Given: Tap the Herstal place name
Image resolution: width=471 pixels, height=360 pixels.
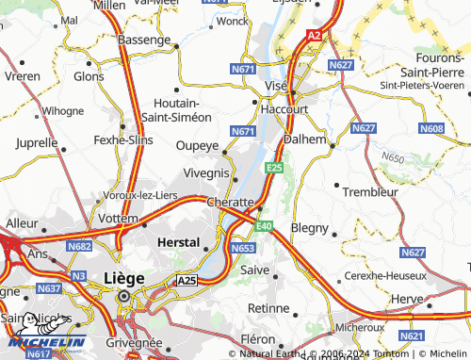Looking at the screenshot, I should [177, 242].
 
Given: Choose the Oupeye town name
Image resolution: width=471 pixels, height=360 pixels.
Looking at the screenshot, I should [198, 146].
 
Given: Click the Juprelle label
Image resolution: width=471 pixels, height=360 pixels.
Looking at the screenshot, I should [38, 144].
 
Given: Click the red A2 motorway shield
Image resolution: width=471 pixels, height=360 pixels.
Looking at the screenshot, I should [314, 35].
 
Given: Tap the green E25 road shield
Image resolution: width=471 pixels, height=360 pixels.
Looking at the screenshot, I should [274, 167].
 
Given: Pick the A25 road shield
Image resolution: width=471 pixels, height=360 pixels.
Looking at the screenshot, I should [187, 281].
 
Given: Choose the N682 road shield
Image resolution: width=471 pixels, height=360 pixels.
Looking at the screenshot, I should [80, 246].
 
